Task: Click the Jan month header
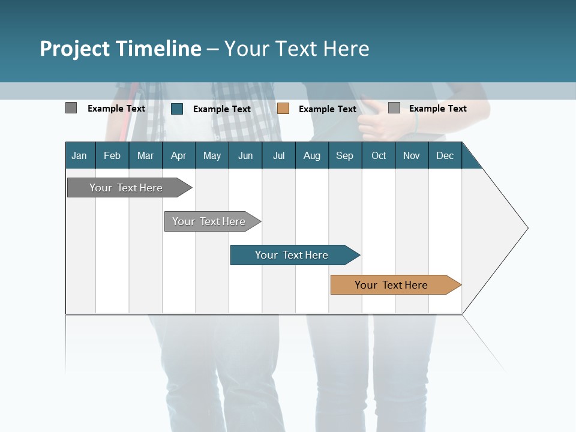79,155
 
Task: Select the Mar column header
145,155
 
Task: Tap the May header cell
212,155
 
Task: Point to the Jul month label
278,155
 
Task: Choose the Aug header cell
311,155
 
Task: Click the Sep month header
344,155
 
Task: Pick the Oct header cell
379,155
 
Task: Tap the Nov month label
412,155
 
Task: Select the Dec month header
445,155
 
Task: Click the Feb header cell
112,155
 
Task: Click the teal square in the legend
177,109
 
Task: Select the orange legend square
283,108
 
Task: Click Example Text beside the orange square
327,109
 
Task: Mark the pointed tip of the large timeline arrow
527,228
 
